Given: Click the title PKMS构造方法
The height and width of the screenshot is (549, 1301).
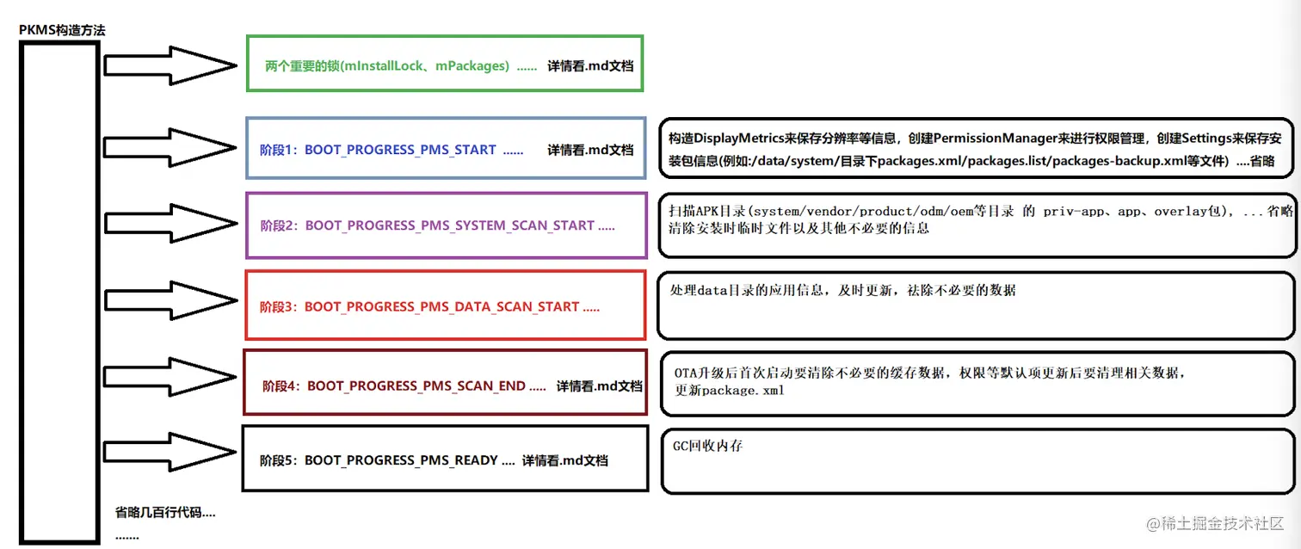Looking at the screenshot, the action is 62,30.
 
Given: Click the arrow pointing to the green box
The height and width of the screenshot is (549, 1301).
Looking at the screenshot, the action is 170,65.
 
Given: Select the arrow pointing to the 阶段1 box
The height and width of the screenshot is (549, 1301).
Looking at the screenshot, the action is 170,147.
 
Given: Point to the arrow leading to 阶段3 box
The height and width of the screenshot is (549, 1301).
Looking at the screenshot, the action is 171,300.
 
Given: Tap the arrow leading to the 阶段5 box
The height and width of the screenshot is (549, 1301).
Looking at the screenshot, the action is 170,452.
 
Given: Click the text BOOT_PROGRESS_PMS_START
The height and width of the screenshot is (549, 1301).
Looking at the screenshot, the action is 400,150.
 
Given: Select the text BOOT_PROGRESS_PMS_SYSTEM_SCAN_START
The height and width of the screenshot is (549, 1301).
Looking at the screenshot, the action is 449,225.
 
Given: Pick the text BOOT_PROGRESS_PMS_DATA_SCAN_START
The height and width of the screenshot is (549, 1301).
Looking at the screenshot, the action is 441,306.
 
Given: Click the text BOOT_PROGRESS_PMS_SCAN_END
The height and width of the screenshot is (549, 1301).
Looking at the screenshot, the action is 416,386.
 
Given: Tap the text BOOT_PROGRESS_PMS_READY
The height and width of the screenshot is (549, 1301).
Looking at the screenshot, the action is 401,460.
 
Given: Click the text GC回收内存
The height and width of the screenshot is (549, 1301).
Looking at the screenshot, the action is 707,446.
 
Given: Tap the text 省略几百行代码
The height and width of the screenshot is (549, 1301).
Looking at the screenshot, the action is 158,512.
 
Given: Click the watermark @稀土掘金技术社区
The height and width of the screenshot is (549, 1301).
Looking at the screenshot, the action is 1215,523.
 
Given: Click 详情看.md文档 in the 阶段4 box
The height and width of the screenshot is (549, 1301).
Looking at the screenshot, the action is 600,386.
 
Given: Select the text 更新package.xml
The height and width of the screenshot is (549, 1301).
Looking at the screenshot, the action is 730,391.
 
